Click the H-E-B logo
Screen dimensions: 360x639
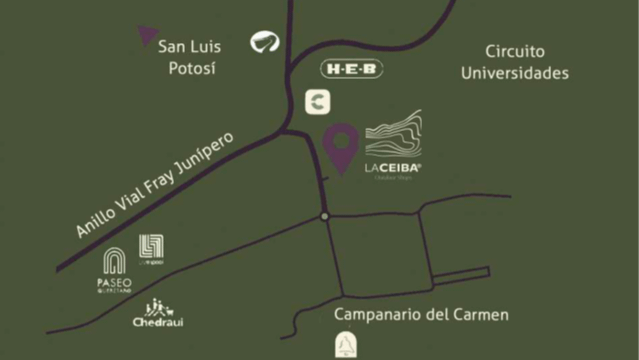[349, 69]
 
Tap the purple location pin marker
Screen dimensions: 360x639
[345, 147]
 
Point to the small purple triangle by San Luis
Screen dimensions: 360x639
[147, 36]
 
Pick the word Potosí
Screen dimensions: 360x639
[194, 69]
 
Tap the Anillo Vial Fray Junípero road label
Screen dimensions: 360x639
[154, 184]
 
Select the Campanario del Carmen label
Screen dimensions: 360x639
[421, 315]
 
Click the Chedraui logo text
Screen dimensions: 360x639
[158, 322]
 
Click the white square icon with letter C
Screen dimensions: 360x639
[317, 102]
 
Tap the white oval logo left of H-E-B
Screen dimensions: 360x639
[266, 42]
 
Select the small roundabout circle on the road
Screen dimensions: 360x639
[324, 216]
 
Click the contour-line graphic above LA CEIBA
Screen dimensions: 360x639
[393, 133]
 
